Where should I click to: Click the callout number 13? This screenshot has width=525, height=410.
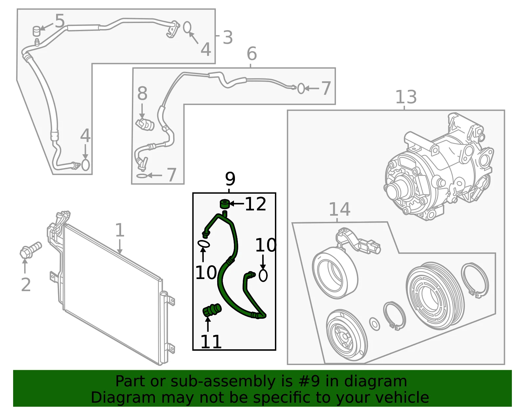(406, 97)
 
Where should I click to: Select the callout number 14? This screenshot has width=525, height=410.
(340, 209)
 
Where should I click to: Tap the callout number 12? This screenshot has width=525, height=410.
(255, 204)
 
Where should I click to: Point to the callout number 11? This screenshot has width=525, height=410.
(211, 342)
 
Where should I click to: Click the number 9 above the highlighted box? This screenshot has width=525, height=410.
(230, 179)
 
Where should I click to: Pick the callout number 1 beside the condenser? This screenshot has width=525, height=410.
(120, 230)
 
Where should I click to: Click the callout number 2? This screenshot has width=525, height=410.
(26, 285)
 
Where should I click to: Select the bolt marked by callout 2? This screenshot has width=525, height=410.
(31, 250)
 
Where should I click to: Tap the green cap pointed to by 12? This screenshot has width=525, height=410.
(225, 204)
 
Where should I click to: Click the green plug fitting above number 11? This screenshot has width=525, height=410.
(212, 310)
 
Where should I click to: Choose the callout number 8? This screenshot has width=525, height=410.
(142, 94)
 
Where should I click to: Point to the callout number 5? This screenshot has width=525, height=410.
(60, 21)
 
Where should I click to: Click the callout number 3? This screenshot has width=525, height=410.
(228, 37)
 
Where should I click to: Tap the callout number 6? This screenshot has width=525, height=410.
(252, 54)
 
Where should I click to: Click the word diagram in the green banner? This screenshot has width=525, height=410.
(375, 382)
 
